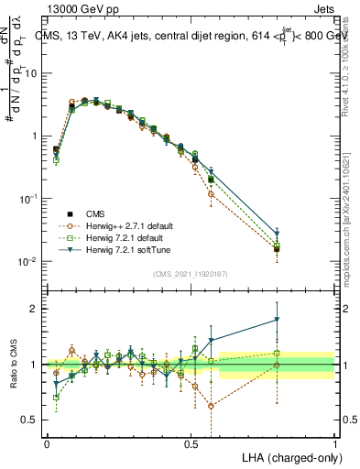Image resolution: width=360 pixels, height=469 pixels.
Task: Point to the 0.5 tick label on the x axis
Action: click(x=191, y=442)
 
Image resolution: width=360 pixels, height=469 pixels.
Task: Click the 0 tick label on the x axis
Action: click(x=47, y=442)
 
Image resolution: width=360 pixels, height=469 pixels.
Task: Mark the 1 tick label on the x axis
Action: click(x=334, y=442)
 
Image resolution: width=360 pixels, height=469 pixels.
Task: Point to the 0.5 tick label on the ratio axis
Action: click(x=32, y=420)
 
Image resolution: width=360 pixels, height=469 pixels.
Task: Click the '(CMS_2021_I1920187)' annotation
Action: click(x=190, y=273)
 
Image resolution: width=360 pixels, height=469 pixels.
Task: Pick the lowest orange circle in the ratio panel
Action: click(x=213, y=406)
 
